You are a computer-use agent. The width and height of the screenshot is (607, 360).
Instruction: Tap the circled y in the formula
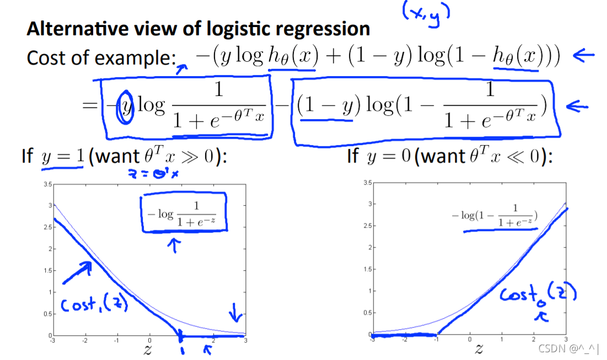click(x=126, y=105)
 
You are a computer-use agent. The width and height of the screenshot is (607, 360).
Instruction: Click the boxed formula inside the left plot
click(x=184, y=212)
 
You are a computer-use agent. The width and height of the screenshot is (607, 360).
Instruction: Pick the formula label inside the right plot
click(x=495, y=216)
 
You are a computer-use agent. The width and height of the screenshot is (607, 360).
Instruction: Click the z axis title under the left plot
click(x=147, y=350)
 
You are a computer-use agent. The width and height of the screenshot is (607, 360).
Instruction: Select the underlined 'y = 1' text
click(x=62, y=157)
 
